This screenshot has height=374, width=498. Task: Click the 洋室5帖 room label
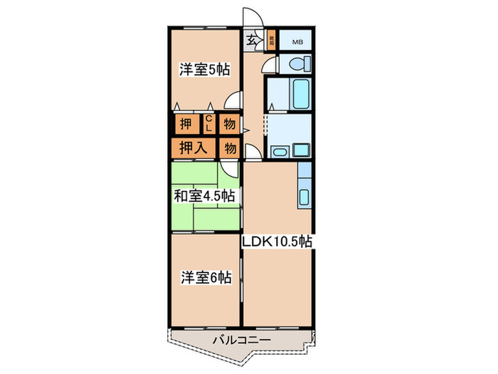coord(204,70)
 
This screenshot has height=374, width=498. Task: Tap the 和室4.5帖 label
coord(204,195)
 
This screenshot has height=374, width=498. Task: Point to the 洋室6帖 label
coord(204,279)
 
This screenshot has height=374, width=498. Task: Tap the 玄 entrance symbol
coord(253,41)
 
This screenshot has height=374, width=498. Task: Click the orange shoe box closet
coord(271,39)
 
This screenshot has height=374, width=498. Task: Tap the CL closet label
coord(210,123)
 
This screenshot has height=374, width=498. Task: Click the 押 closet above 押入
coord(186,124)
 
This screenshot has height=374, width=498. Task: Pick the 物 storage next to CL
coord(229,124)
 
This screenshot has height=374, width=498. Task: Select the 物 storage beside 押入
coord(229,149)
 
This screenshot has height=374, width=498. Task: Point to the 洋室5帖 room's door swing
coord(232,104)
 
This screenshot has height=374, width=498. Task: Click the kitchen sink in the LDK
coord(304,197)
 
